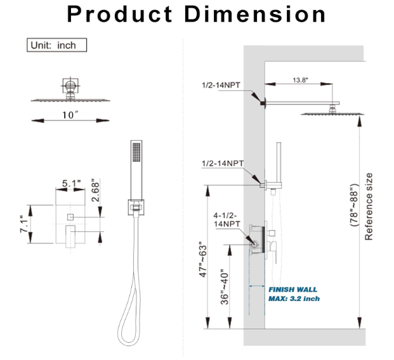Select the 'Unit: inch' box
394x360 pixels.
(x=56, y=45)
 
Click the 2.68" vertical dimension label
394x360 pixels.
(x=96, y=190)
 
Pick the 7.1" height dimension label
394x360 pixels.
(x=23, y=224)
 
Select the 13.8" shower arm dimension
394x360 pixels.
(x=301, y=81)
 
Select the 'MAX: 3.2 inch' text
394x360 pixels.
(x=294, y=299)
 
